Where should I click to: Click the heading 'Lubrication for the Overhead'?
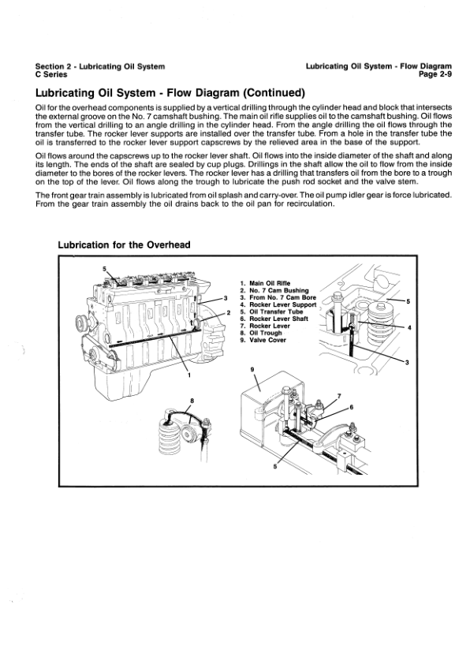click(x=124, y=244)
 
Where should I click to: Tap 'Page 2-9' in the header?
click(x=435, y=75)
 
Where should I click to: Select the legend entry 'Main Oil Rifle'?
click(x=270, y=283)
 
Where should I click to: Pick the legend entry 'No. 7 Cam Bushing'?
click(x=279, y=290)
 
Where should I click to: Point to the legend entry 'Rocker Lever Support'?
click(x=283, y=304)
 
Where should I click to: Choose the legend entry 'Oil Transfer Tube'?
click(x=276, y=311)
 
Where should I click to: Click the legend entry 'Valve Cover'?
click(x=267, y=340)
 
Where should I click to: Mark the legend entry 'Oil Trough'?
click(x=266, y=333)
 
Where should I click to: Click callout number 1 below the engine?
click(x=189, y=375)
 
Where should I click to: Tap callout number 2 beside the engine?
click(x=229, y=312)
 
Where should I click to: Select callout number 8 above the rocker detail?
click(x=192, y=400)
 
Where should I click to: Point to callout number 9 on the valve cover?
click(x=252, y=369)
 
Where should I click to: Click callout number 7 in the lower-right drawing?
click(x=339, y=396)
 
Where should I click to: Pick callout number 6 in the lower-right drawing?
click(x=351, y=408)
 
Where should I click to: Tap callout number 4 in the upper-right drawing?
click(x=409, y=327)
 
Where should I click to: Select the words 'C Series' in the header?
click(x=51, y=75)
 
